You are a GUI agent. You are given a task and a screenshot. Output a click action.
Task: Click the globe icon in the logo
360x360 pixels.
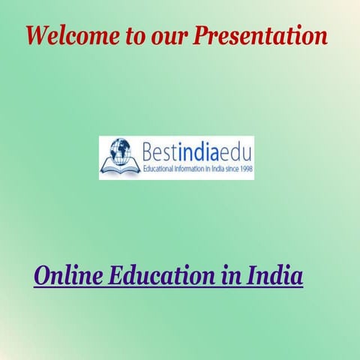point(118,151)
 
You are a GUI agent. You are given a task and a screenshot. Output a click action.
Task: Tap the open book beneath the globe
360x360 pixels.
point(119,169)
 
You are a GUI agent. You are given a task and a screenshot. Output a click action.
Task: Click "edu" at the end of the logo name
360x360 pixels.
point(238,152)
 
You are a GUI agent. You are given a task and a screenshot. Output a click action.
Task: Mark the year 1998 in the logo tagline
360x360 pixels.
point(246,170)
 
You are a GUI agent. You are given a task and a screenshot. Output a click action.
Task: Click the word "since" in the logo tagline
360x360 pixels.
point(231,170)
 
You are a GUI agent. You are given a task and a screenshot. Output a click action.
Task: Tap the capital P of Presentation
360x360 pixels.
point(203,34)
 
